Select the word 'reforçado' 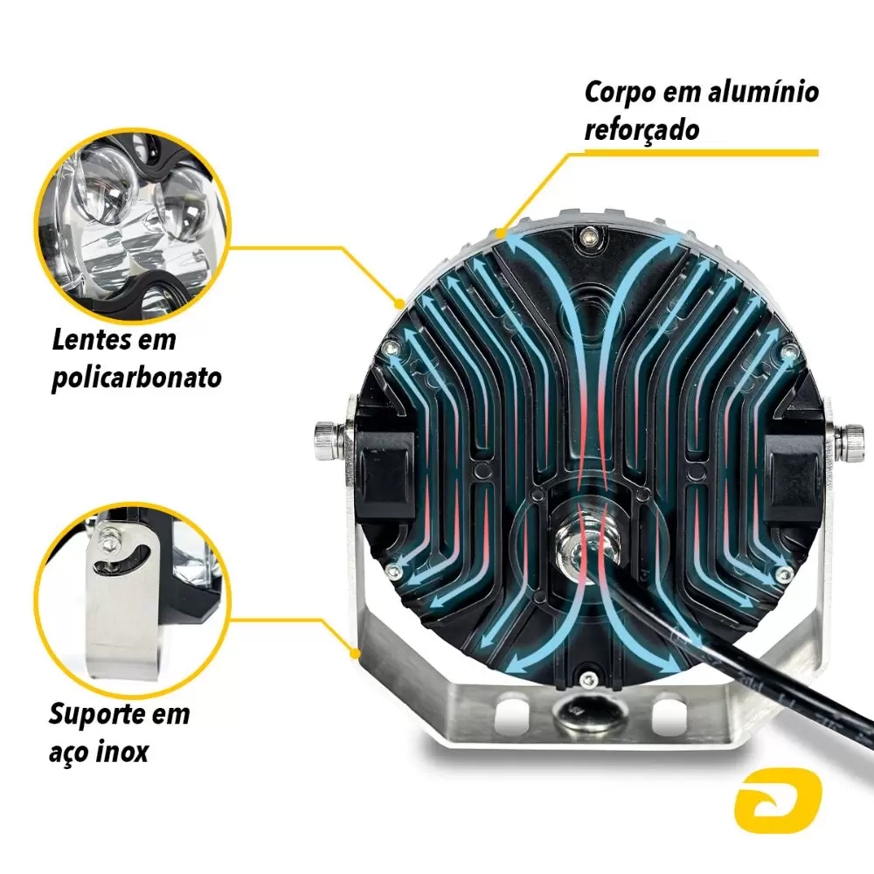click(x=642, y=130)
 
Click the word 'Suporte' click(x=97, y=715)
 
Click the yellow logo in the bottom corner click(x=778, y=801)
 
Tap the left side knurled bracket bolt click(x=327, y=440)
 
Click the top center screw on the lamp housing click(x=587, y=238)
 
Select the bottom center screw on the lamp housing click(x=587, y=679)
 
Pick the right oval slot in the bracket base click(x=668, y=712)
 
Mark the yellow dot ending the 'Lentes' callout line click(x=399, y=304)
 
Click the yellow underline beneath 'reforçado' click(x=701, y=153)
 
